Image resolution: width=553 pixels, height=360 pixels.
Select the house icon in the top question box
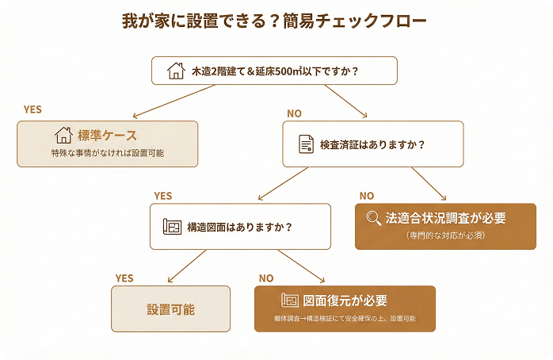[x=176, y=71]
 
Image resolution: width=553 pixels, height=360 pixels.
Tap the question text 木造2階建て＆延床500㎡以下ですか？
[x=273, y=71]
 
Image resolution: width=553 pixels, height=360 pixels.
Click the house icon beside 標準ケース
[x=63, y=135]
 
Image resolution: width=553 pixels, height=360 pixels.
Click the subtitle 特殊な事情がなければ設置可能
[x=107, y=153]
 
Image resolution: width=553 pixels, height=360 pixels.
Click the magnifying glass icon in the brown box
[x=374, y=218]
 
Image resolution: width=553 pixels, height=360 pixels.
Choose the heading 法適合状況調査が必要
[x=445, y=218]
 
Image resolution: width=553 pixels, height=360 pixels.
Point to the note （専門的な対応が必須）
[x=445, y=236]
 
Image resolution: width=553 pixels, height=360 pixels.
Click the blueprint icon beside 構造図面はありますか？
[x=172, y=227]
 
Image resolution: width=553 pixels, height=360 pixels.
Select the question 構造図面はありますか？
[x=239, y=228]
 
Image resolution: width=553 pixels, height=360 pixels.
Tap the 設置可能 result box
[x=170, y=308]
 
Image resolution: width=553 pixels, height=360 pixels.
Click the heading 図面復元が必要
[x=356, y=301]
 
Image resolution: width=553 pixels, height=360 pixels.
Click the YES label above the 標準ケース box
[x=32, y=109]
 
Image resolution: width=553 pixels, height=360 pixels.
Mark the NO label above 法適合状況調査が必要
[x=367, y=195]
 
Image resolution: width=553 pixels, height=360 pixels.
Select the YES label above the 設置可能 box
[x=124, y=278]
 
